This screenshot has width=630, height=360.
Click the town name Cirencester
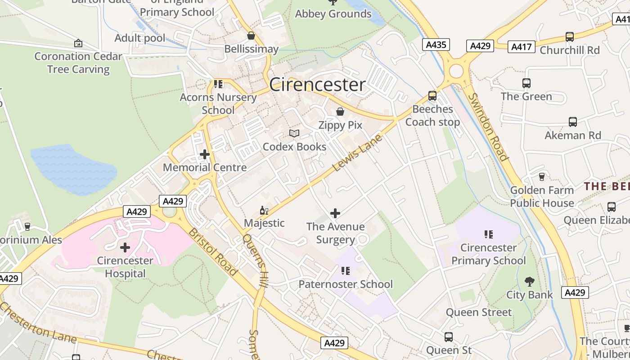[x=317, y=85]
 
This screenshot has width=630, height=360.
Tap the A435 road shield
[x=436, y=45]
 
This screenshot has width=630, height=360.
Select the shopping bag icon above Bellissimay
[x=251, y=36]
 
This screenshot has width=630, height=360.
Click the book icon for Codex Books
[x=294, y=133]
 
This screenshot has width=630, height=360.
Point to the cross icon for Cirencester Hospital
[x=125, y=247]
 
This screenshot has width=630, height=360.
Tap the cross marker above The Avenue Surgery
[x=335, y=213]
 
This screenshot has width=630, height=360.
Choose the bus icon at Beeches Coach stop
[x=432, y=95]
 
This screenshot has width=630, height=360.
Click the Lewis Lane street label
[x=357, y=153]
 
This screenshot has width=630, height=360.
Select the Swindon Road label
[x=488, y=127]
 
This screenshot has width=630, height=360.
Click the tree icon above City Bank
[x=530, y=282]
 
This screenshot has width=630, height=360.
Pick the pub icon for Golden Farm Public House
[x=542, y=177]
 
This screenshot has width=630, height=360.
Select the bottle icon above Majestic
[x=264, y=210]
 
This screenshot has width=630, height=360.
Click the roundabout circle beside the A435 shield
[x=456, y=71]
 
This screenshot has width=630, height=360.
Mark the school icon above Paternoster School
[x=346, y=271]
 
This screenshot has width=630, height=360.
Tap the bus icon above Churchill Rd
[x=570, y=36]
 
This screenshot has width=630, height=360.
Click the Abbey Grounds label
[x=333, y=14]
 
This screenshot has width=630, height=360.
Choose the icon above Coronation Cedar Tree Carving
[x=78, y=43]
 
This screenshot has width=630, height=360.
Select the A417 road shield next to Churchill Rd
[x=522, y=46]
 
